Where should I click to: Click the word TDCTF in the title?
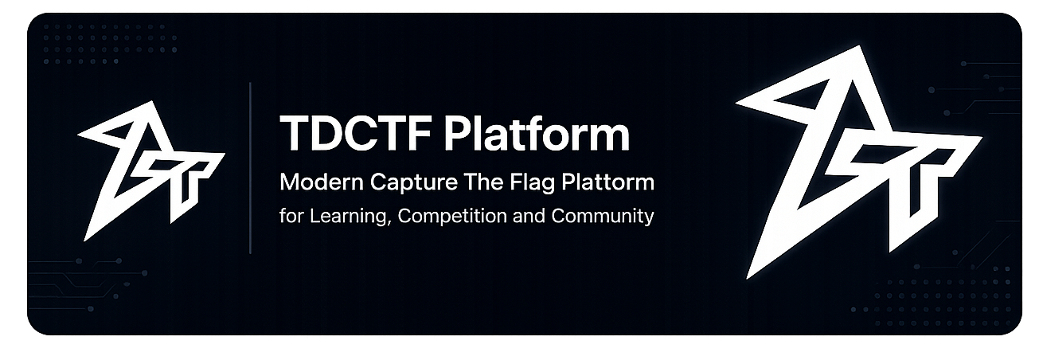click(x=356, y=133)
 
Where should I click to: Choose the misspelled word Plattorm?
click(x=607, y=182)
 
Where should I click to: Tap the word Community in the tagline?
click(x=603, y=217)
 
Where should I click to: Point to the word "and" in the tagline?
click(x=529, y=216)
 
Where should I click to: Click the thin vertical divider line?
click(x=251, y=168)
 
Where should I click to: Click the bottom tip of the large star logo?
click(x=748, y=278)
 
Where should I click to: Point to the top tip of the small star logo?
click(x=152, y=102)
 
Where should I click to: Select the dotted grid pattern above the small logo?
click(x=111, y=44)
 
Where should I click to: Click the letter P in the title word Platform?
click(x=457, y=134)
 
